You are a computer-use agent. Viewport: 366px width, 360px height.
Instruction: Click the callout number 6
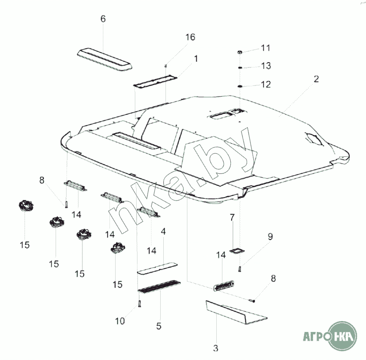tap(103, 19)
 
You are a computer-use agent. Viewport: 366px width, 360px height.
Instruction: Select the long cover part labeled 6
tap(105, 59)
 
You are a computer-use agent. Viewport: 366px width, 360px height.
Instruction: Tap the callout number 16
tap(190, 37)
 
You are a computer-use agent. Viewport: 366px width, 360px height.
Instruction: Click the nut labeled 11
tap(239, 52)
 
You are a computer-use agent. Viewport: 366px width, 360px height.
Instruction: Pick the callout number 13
tap(266, 66)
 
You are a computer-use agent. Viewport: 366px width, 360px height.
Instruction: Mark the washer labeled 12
tap(239, 87)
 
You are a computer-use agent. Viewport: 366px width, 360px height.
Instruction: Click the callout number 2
tap(316, 79)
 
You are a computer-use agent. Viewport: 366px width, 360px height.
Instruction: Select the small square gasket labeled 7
tap(237, 251)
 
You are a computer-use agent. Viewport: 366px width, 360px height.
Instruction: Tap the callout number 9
tap(270, 236)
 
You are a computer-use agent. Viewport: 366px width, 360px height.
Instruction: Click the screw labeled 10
tap(140, 304)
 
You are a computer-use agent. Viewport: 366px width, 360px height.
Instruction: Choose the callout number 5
tap(159, 326)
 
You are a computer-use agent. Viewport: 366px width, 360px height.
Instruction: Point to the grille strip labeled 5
tap(159, 287)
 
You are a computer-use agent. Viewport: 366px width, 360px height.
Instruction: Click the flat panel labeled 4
tap(157, 268)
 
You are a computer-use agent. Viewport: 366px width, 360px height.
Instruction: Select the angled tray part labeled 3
tap(236, 313)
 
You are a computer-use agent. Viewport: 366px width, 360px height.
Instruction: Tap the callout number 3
tap(215, 348)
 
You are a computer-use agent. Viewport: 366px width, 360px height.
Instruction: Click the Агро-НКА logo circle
tap(343, 336)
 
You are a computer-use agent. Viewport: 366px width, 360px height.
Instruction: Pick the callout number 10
tap(120, 321)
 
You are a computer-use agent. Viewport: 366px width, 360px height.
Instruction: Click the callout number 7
tap(232, 217)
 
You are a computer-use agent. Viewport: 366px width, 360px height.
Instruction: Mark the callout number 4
tap(163, 231)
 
